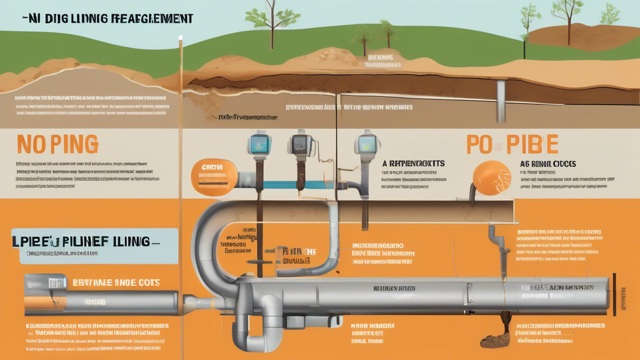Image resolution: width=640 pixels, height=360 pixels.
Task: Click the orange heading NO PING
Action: pyautogui.click(x=57, y=144)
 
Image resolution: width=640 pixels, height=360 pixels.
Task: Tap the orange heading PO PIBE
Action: pyautogui.click(x=512, y=143)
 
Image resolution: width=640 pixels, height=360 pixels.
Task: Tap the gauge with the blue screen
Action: pyautogui.click(x=257, y=144)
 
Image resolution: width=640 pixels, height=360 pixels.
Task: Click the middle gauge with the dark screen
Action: pyautogui.click(x=301, y=145)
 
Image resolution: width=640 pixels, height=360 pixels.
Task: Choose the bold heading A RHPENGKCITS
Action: pyautogui.click(x=413, y=163)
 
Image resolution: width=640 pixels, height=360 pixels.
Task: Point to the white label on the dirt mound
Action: pyautogui.click(x=379, y=61)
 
